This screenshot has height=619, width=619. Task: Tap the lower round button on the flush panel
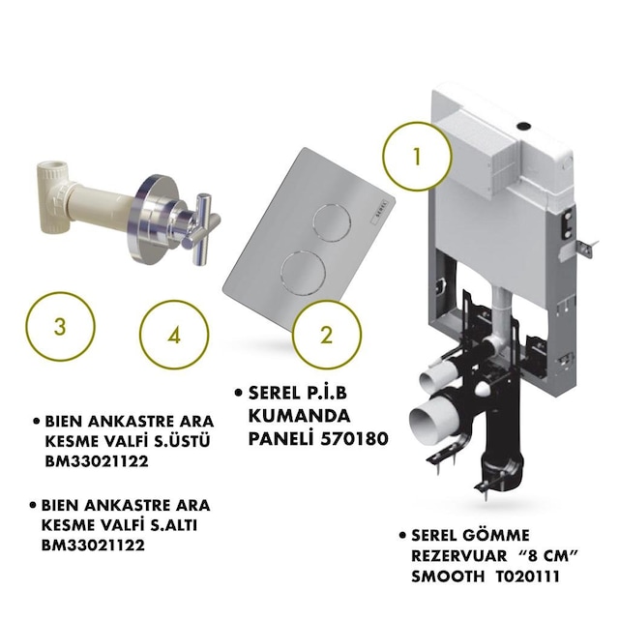point(303,273)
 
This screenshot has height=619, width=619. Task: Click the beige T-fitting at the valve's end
point(54,196)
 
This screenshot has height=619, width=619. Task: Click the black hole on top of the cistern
point(524,127)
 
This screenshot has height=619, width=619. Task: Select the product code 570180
point(354,438)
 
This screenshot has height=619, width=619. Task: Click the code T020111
point(527,576)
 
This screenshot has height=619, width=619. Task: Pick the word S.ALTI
point(174,525)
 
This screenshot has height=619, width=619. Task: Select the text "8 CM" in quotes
point(548,555)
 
